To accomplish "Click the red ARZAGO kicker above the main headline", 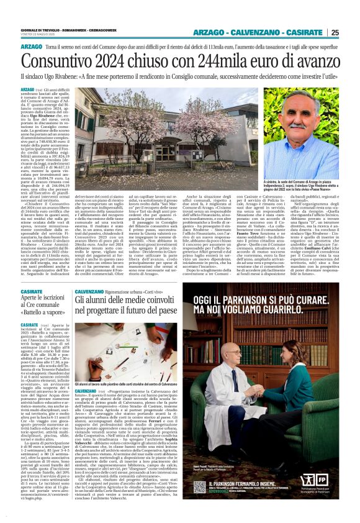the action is [x=32, y=47].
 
